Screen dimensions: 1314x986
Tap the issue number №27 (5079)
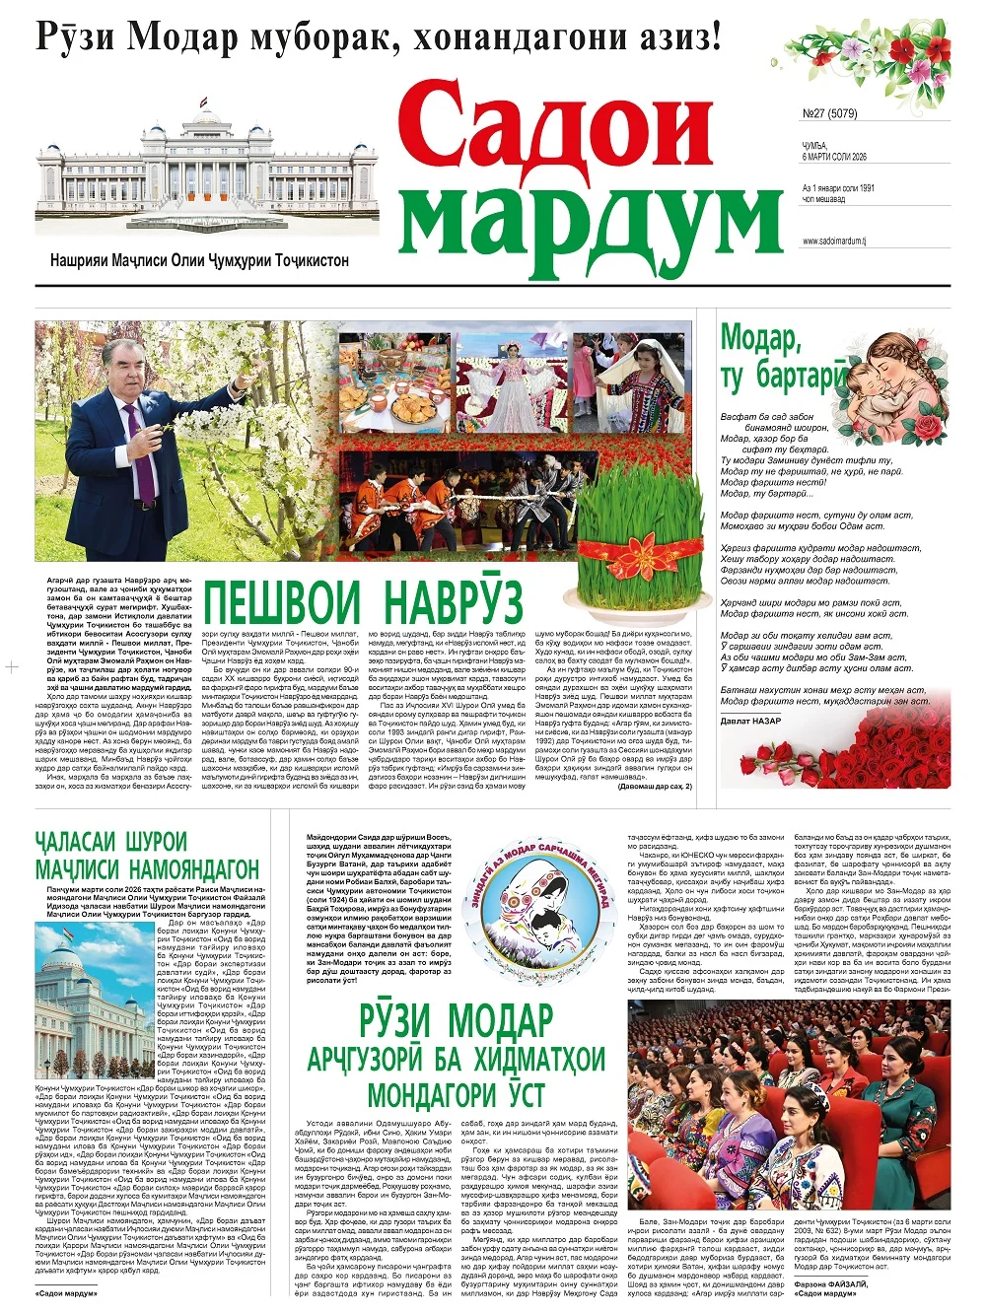click(x=829, y=113)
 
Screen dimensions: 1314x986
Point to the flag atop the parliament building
click(x=203, y=103)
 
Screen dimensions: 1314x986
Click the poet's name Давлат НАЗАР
click(x=750, y=722)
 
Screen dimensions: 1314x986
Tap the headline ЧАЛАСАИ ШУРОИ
click(x=110, y=843)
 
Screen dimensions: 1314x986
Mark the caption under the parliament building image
click(x=199, y=261)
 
